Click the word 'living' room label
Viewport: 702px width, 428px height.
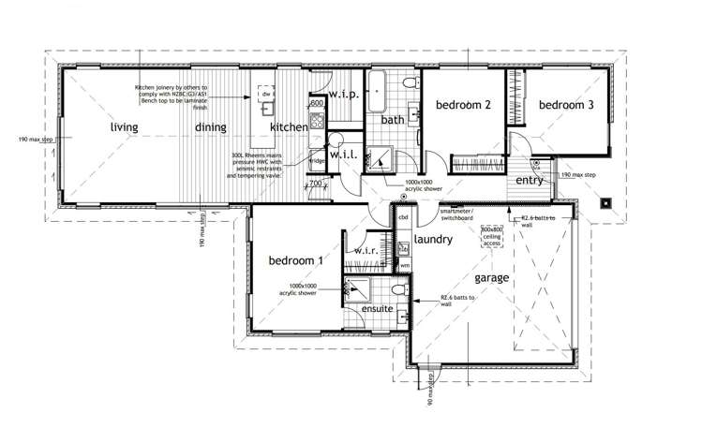click(x=124, y=127)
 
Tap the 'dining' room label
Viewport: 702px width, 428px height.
click(x=212, y=127)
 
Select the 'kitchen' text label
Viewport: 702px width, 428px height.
click(x=288, y=127)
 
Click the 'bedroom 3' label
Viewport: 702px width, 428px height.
click(x=565, y=106)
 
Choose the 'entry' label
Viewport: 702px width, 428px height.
click(x=530, y=181)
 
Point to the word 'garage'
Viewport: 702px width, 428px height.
click(x=491, y=278)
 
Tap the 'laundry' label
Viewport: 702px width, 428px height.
click(x=433, y=240)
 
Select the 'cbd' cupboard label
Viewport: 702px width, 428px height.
click(x=404, y=217)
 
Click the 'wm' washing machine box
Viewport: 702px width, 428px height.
click(x=404, y=266)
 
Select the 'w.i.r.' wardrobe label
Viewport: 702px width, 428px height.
click(x=366, y=251)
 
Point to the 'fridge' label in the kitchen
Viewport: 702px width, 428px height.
click(x=317, y=161)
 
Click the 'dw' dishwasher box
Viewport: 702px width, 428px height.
click(x=268, y=95)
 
